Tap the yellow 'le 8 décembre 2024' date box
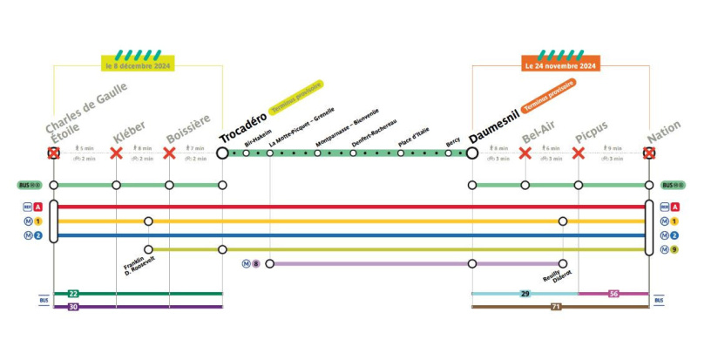click(x=139, y=65)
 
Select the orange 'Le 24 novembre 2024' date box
click(x=560, y=65)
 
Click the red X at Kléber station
click(x=116, y=153)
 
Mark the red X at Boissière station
click(x=169, y=153)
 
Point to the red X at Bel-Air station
click(x=525, y=153)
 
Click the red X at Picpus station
click(x=578, y=153)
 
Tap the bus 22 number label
click(x=73, y=294)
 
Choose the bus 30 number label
click(x=73, y=306)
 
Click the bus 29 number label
click(x=525, y=294)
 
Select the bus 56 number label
click(x=613, y=294)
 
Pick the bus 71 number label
click(x=555, y=306)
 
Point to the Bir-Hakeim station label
click(x=253, y=138)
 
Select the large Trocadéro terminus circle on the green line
click(x=222, y=153)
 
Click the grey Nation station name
click(x=664, y=132)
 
